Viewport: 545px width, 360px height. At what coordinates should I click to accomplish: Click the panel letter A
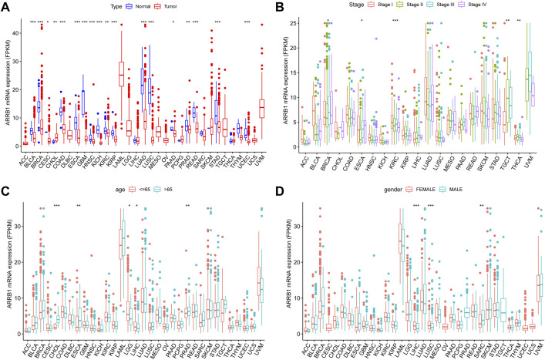pos(5,6)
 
